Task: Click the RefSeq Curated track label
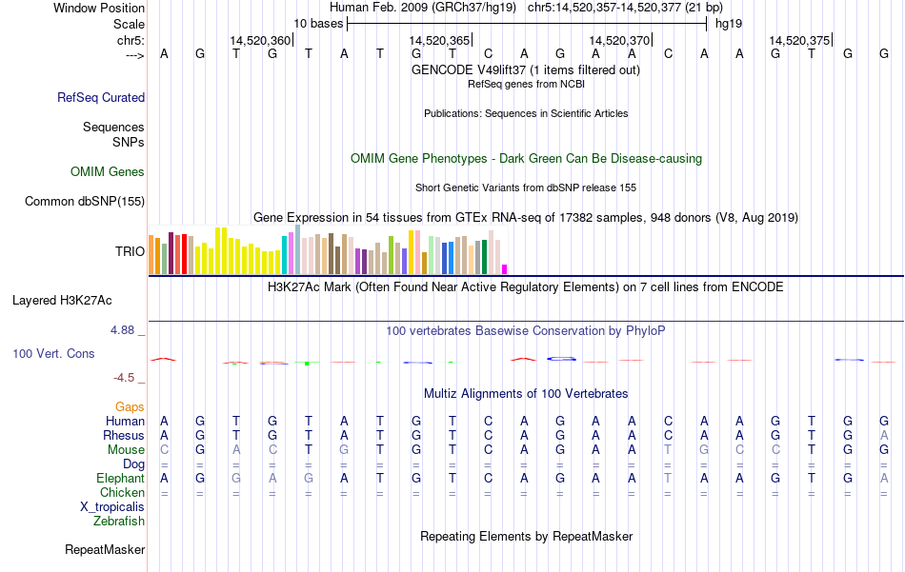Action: coord(101,97)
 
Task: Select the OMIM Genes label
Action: coord(108,172)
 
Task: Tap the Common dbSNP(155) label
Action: coord(85,201)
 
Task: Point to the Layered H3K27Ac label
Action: coord(62,300)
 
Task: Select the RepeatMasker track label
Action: coord(105,549)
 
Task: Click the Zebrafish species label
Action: coord(119,521)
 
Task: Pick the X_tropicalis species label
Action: coord(112,506)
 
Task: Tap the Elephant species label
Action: coord(120,478)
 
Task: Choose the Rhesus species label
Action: coord(124,435)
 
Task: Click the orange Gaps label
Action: coord(130,406)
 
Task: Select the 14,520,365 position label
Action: coord(439,40)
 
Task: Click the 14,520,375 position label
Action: coord(799,40)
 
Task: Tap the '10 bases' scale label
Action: coord(317,23)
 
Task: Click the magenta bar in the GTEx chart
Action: coord(505,268)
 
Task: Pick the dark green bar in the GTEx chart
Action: coord(485,256)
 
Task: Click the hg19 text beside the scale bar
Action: coord(729,23)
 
